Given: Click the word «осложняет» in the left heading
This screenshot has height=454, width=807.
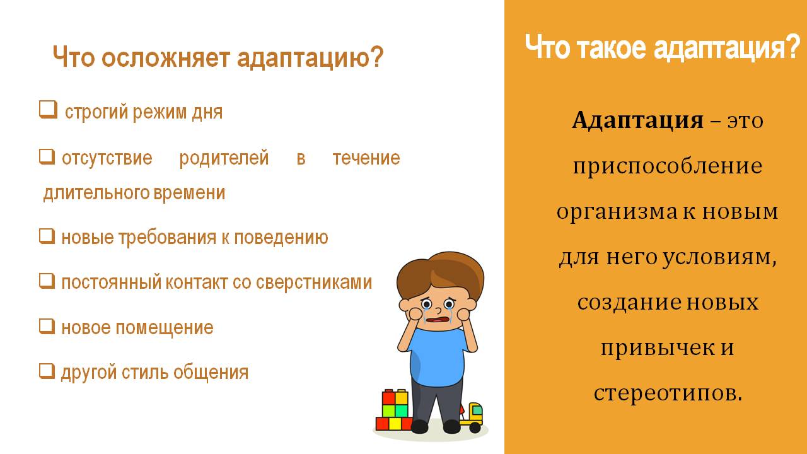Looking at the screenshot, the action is pyautogui.click(x=165, y=57).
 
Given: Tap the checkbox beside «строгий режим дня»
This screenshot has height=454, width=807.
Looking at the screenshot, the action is pyautogui.click(x=48, y=110).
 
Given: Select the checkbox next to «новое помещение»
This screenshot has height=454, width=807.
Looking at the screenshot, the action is pyautogui.click(x=47, y=327).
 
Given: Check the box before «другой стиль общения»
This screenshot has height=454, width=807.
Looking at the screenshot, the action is pyautogui.click(x=47, y=371).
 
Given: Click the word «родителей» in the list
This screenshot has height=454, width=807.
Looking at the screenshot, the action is pyautogui.click(x=224, y=158).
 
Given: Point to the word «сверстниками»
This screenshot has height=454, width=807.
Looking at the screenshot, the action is pyautogui.click(x=314, y=282).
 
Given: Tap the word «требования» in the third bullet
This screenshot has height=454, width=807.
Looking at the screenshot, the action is pyautogui.click(x=167, y=238).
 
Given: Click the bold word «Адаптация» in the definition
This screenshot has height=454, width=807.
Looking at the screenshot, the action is pyautogui.click(x=637, y=120).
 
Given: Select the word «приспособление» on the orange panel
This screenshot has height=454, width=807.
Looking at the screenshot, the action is pyautogui.click(x=668, y=167).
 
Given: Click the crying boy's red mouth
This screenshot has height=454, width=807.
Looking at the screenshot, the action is pyautogui.click(x=438, y=320).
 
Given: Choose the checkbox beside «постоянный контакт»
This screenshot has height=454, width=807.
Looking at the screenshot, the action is pyautogui.click(x=47, y=281).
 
